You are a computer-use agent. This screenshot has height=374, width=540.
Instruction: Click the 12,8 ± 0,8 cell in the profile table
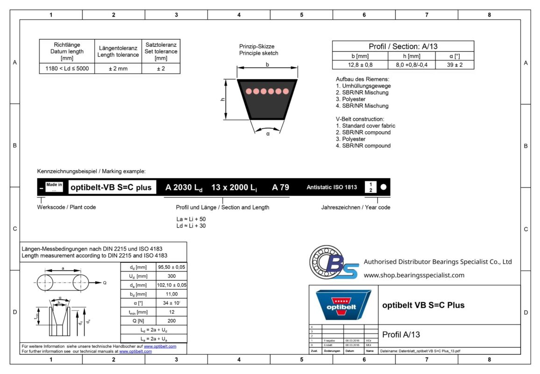coord(360,65)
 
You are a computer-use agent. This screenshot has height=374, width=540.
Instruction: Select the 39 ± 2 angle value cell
coord(455,65)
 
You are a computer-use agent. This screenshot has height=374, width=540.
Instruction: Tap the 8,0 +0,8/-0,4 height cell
coord(412,65)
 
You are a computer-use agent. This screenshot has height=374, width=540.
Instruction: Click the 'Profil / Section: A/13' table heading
coord(403,46)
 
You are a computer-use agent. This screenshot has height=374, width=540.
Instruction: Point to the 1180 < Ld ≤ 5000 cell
coord(67,69)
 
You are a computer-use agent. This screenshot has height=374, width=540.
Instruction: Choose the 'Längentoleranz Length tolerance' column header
coord(118,51)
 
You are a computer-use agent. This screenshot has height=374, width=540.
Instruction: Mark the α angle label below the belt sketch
coord(268,134)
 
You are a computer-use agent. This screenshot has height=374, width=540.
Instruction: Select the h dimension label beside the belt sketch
coord(223,99)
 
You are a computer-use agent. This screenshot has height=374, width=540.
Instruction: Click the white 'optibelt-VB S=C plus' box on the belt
coord(111,187)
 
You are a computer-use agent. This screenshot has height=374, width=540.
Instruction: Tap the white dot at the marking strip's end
coord(384,187)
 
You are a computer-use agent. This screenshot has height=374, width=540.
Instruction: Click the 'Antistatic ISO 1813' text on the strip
coord(332,187)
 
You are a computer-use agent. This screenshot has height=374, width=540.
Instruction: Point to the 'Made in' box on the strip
coord(54,187)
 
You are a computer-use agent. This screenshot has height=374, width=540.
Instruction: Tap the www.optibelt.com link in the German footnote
coord(160,346)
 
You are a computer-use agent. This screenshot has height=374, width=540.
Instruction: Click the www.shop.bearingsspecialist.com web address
coord(414,275)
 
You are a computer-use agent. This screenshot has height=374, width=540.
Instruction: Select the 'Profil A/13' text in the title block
coord(401,335)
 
